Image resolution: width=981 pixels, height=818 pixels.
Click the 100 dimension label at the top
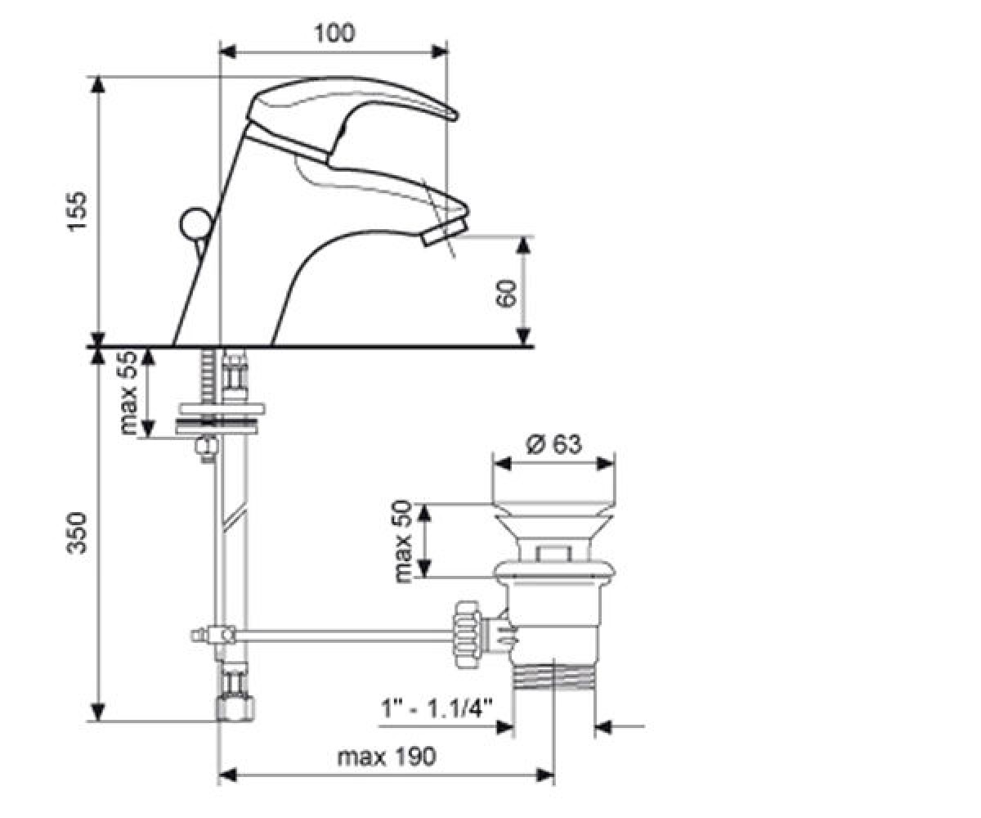334,34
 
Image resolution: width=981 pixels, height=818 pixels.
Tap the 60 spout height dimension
507,294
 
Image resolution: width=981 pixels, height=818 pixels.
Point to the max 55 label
128,393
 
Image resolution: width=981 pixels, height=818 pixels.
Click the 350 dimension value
77,533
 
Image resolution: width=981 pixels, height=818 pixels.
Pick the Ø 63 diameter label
553,444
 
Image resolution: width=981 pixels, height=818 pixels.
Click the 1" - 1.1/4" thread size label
437,708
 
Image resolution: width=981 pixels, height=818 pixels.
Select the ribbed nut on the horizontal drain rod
467,633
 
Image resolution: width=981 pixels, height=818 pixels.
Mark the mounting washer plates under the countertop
219,418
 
